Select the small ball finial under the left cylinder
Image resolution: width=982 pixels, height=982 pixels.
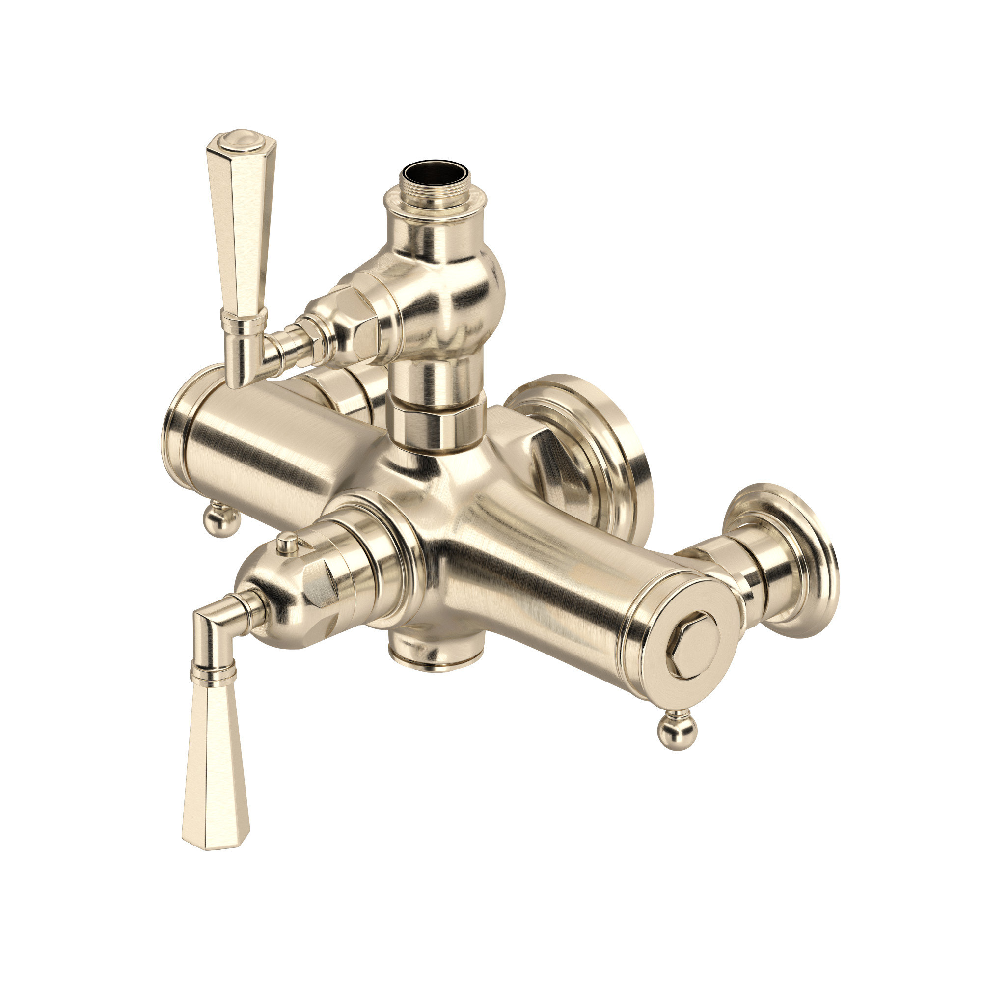(x=220, y=517)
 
